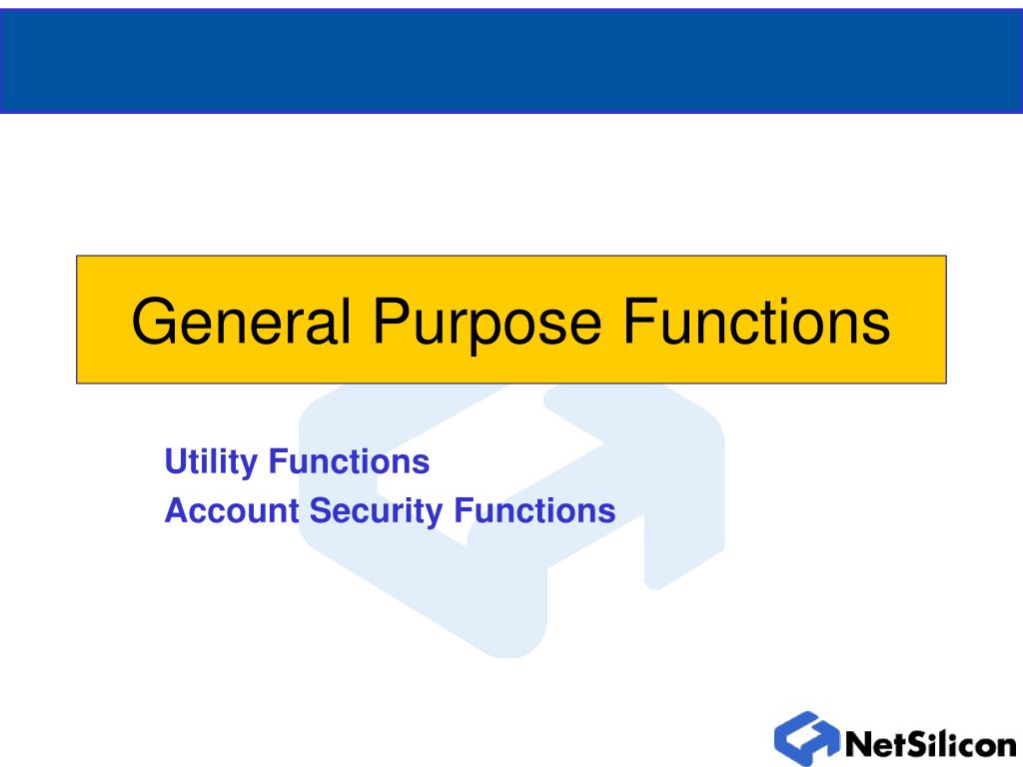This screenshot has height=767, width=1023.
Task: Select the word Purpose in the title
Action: pyautogui.click(x=487, y=327)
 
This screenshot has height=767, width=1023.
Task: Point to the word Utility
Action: pyautogui.click(x=211, y=463)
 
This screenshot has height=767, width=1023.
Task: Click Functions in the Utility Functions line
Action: pyautogui.click(x=349, y=461)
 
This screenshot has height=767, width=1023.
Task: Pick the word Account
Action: pyautogui.click(x=232, y=510)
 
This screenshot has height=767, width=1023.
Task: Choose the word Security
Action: pyautogui.click(x=376, y=512)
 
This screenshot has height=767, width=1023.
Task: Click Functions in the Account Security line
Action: pyautogui.click(x=535, y=510)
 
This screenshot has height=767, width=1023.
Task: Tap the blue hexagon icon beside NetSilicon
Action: pyautogui.click(x=807, y=738)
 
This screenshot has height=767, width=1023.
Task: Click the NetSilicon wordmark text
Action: pyautogui.click(x=931, y=743)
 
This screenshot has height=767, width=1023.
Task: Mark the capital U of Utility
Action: pyautogui.click(x=176, y=461)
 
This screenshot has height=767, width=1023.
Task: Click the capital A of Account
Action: pyautogui.click(x=177, y=510)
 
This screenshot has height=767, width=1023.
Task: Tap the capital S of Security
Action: pyautogui.click(x=321, y=510)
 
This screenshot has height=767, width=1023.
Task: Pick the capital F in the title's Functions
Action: pyautogui.click(x=639, y=321)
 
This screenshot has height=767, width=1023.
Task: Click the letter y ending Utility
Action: pyautogui.click(x=249, y=467)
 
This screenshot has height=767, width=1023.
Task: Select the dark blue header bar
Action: pyautogui.click(x=511, y=61)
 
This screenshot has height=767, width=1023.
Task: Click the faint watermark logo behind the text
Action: pyautogui.click(x=511, y=520)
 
